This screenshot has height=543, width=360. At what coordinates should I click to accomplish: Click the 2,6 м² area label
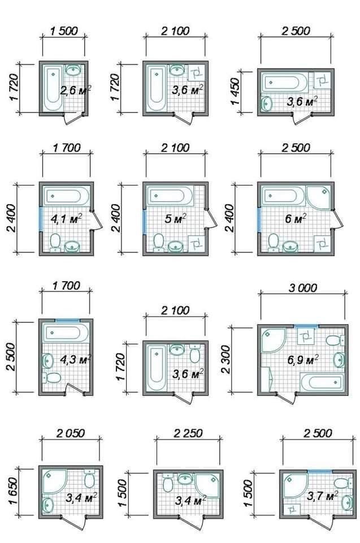pos(76,90)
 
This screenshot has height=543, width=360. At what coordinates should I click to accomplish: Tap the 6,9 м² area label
pos(303,360)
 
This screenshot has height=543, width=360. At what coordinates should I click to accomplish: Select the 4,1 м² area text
pos(67,219)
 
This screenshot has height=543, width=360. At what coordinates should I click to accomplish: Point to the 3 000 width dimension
pos(303,287)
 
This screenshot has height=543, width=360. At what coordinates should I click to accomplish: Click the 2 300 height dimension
pos(225,359)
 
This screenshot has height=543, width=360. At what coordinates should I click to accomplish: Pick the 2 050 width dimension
pos(71,433)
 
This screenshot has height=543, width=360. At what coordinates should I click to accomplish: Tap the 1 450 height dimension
pos(235,92)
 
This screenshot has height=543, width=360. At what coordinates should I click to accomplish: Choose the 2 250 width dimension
pos(188,433)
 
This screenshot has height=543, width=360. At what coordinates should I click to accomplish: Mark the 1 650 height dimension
pos(12,492)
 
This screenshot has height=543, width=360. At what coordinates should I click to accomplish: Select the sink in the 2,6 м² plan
pos(73,70)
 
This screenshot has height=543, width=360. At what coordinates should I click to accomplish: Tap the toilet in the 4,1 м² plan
pos(55,242)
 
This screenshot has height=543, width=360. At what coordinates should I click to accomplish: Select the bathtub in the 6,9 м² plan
pos(323,382)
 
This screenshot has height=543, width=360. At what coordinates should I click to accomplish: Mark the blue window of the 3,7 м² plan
pos(320,471)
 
